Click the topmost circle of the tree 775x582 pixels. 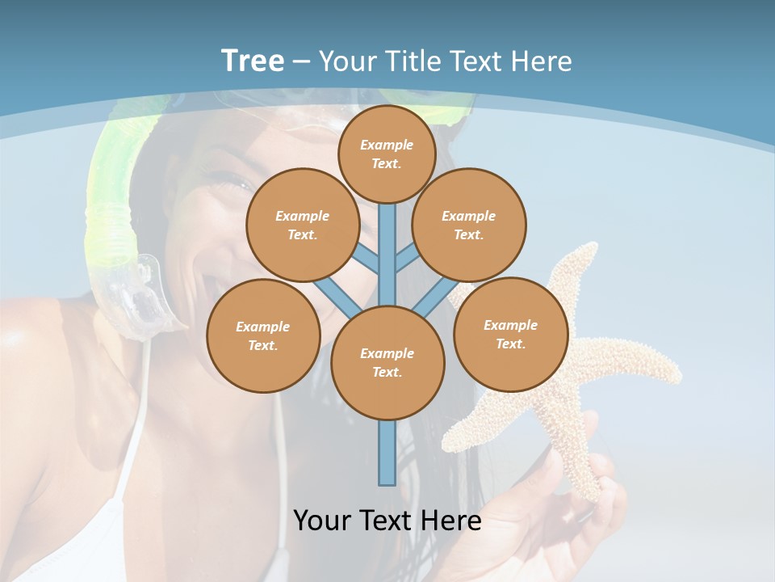click(x=387, y=154)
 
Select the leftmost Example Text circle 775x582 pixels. click(x=263, y=335)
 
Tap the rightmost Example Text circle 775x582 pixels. click(x=510, y=334)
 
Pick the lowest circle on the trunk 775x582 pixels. click(x=387, y=362)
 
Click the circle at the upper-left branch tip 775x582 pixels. click(x=302, y=225)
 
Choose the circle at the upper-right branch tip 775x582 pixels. click(x=468, y=225)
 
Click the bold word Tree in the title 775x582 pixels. click(x=253, y=61)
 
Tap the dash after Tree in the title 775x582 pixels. click(x=301, y=61)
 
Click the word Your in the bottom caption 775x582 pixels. click(x=322, y=520)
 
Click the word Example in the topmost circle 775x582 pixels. click(x=387, y=145)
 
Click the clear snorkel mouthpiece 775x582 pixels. click(x=149, y=299)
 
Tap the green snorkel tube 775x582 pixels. click(x=109, y=202)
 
